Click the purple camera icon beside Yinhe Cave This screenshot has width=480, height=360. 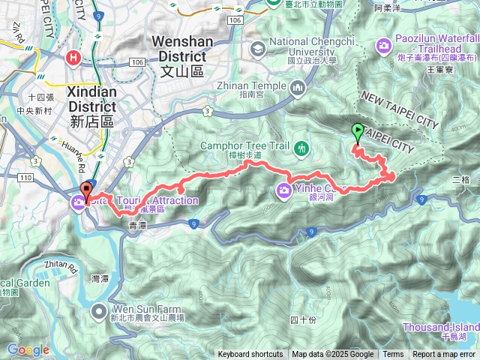(x=284, y=189)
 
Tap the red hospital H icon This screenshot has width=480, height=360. (x=73, y=58)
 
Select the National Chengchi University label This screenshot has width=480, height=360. (x=305, y=46)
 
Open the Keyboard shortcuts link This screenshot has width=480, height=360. (x=250, y=355)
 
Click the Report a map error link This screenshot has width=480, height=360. (x=445, y=355)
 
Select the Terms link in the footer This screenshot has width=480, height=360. (x=393, y=355)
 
